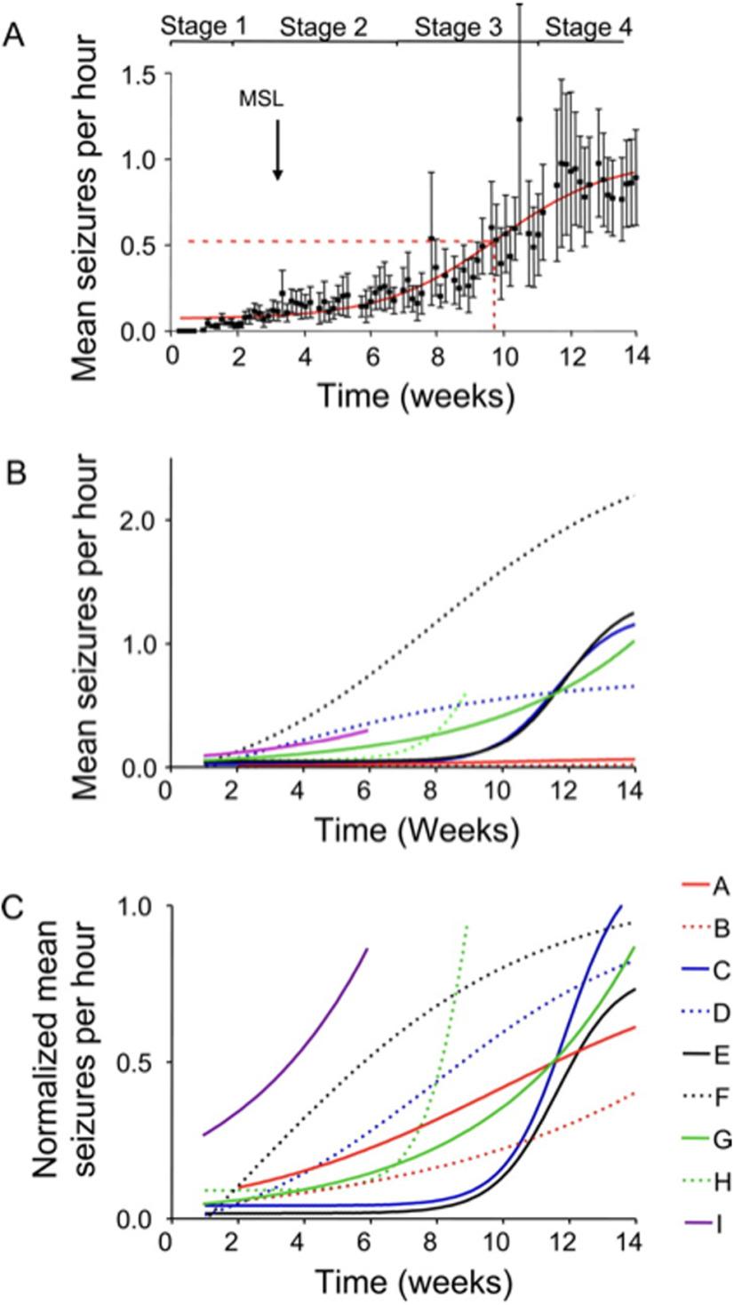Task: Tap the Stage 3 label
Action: [x=458, y=28]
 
